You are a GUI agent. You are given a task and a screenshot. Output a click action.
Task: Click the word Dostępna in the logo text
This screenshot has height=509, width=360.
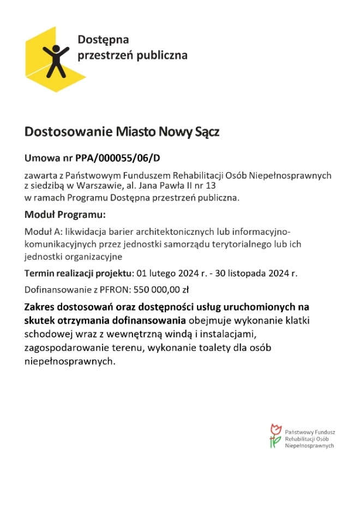pyautogui.click(x=103, y=40)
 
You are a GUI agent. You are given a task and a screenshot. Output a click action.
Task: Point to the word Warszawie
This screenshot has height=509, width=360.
pyautogui.click(x=97, y=185)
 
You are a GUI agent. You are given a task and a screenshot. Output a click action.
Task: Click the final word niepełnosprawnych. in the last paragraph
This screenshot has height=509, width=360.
pyautogui.click(x=70, y=361)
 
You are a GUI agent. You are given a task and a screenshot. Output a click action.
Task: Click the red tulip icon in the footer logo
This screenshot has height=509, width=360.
pyautogui.click(x=275, y=429)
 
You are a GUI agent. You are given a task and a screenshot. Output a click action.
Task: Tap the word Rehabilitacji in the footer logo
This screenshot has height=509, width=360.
pyautogui.click(x=301, y=439)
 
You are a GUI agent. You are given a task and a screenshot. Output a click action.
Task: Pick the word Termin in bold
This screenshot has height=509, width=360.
pyautogui.click(x=39, y=273)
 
